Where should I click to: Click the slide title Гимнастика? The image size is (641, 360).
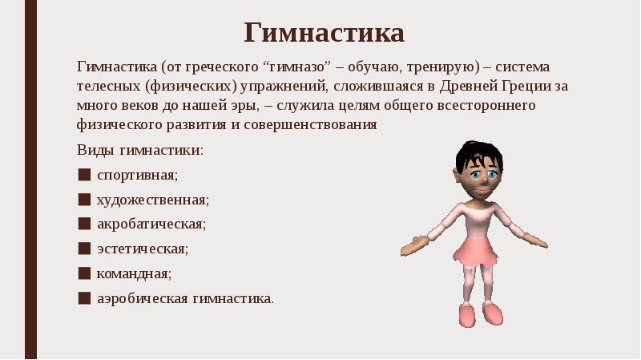click(325, 34)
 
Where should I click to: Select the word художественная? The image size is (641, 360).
click(153, 199)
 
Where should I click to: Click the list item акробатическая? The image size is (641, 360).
click(151, 224)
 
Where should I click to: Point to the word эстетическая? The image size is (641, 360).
click(143, 249)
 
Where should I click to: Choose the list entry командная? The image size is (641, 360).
click(134, 273)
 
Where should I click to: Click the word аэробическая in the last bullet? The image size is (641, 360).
click(143, 298)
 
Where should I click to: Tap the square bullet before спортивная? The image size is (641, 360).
click(84, 174)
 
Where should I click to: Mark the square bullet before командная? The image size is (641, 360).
click(84, 273)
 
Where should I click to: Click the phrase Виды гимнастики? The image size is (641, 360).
click(140, 150)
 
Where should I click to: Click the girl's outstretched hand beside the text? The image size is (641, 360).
click(413, 245)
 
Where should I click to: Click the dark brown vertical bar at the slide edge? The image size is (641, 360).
click(30, 180)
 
